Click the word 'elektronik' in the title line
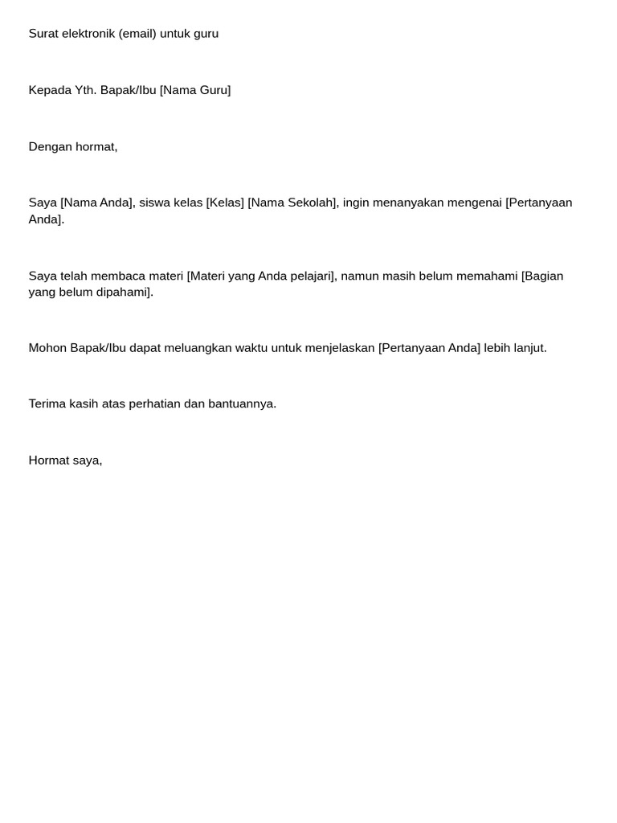coord(88,34)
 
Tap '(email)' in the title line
coord(137,34)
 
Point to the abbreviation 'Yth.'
coord(86,90)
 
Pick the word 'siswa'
coord(154,203)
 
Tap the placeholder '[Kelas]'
coord(225,203)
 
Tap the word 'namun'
coord(359,276)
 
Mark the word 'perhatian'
coord(154,403)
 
